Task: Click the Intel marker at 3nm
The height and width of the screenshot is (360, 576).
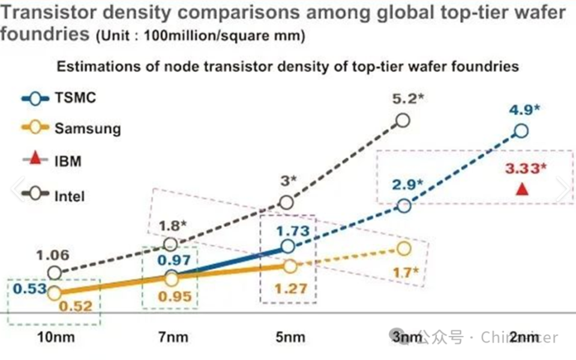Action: (x=403, y=121)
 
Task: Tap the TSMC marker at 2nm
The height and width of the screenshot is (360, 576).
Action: (x=521, y=131)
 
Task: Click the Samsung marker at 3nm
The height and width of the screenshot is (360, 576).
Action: (x=404, y=248)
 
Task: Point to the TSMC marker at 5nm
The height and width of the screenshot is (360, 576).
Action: (x=287, y=245)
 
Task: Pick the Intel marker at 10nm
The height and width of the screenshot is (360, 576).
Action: (x=55, y=273)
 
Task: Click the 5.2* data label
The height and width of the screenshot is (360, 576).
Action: (x=409, y=97)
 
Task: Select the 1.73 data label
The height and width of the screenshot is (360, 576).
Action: (x=292, y=231)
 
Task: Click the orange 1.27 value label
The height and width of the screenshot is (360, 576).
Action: (x=291, y=288)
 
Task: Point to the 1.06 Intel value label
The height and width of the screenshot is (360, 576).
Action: (x=52, y=256)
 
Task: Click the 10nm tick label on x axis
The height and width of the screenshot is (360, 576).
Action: (x=55, y=337)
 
